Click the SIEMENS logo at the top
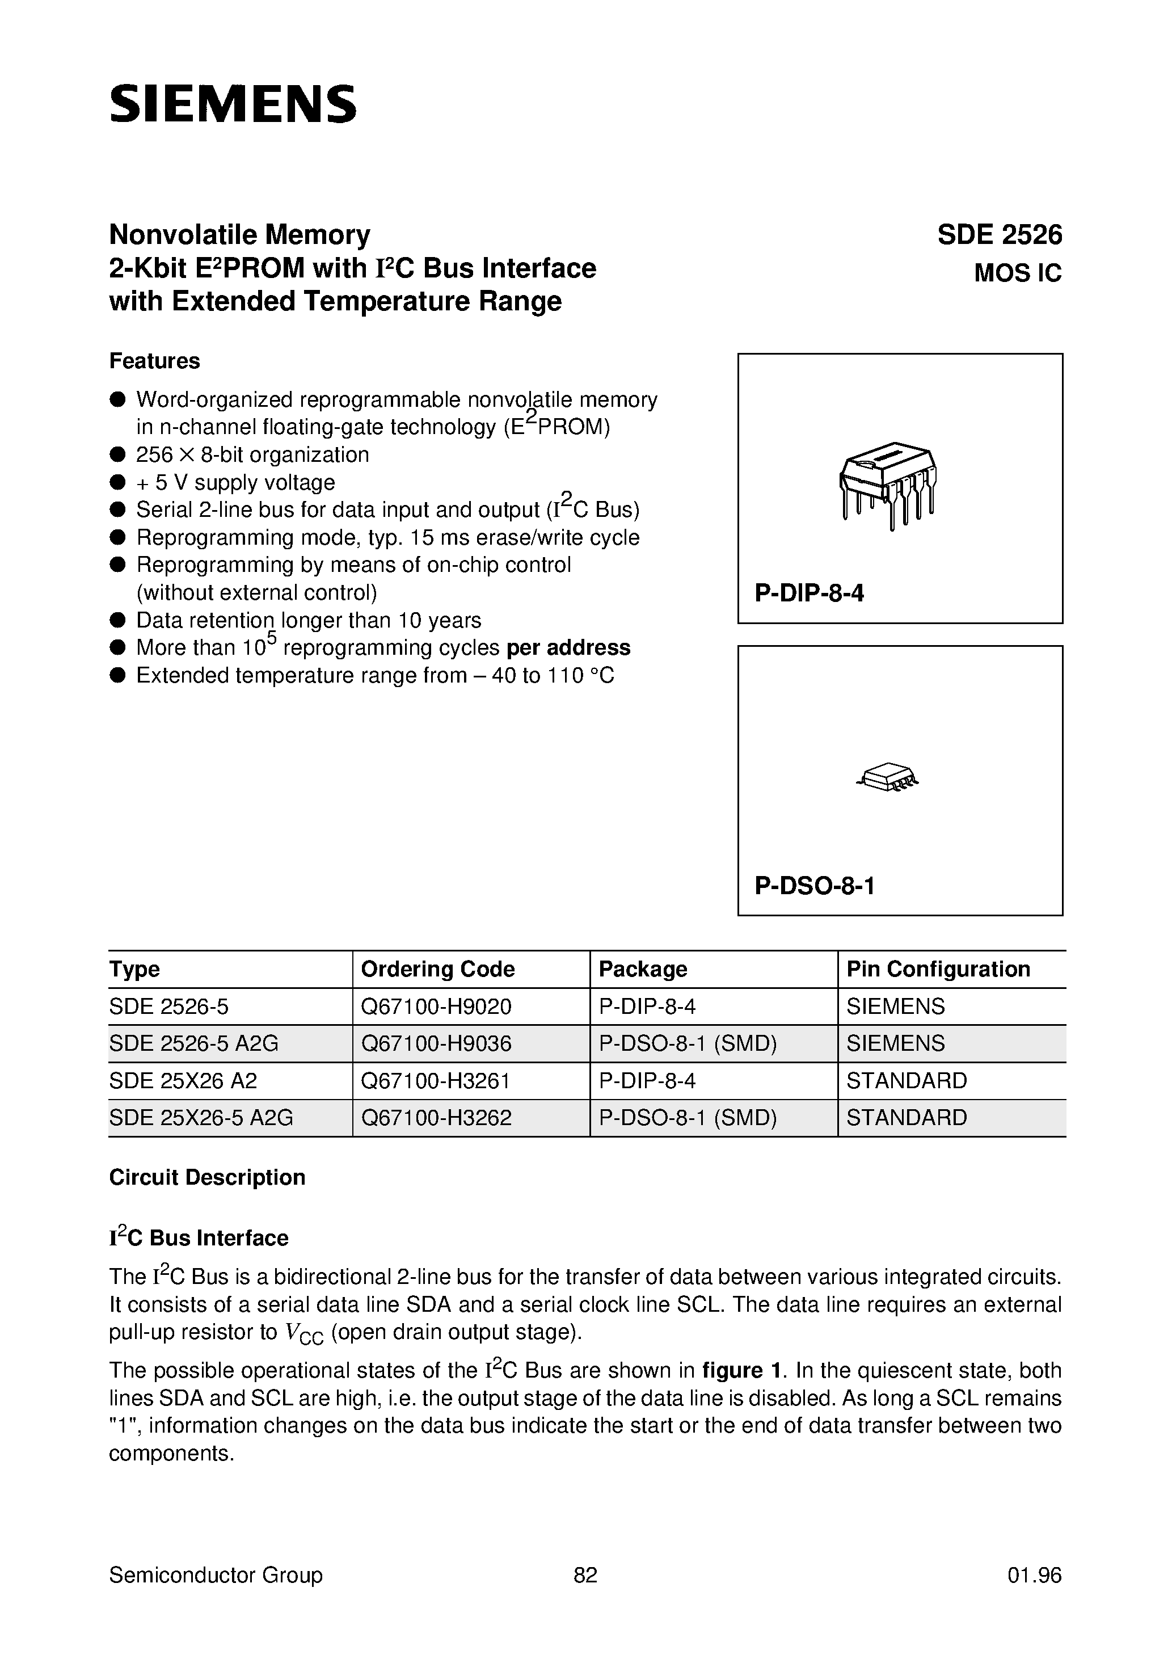[x=233, y=103]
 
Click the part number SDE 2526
[x=1000, y=235]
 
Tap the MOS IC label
[x=1017, y=273]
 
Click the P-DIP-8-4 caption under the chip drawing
[x=810, y=593]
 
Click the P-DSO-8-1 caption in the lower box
[x=815, y=885]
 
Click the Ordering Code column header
[x=438, y=969]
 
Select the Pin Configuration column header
[x=938, y=969]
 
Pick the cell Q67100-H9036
[x=436, y=1043]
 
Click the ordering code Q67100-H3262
[x=436, y=1118]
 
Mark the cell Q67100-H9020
[x=436, y=1007]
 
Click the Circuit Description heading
[x=208, y=1177]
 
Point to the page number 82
[x=585, y=1575]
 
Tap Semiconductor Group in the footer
[x=216, y=1575]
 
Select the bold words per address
[x=568, y=647]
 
